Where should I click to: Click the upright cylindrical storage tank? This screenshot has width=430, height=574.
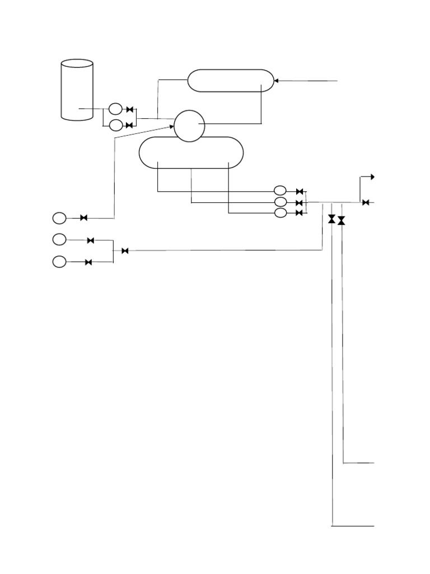click(x=77, y=90)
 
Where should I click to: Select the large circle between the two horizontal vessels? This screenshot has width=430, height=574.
click(x=189, y=126)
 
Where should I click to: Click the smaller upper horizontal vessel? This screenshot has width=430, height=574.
click(x=230, y=80)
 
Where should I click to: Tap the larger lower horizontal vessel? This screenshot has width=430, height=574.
click(x=191, y=152)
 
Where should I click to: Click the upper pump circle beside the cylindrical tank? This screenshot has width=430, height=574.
click(x=115, y=109)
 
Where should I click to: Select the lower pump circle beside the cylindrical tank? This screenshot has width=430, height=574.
click(x=115, y=125)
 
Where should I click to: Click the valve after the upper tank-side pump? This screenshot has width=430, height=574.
click(x=129, y=109)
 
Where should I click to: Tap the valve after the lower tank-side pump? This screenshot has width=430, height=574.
click(x=129, y=125)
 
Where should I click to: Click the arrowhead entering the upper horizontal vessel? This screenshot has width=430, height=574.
click(x=276, y=81)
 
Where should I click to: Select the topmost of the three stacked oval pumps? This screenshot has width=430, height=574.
click(x=281, y=191)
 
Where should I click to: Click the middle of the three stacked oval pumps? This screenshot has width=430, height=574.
click(x=281, y=202)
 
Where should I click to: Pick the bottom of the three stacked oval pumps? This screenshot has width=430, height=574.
click(x=281, y=212)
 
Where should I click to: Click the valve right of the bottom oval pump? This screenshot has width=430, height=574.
click(x=299, y=213)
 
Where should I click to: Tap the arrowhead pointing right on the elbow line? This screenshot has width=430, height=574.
click(x=372, y=177)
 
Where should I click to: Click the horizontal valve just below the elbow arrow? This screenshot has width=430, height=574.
click(x=365, y=202)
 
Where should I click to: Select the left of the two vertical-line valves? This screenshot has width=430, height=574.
click(x=332, y=219)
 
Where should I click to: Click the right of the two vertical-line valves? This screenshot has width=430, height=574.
click(x=342, y=221)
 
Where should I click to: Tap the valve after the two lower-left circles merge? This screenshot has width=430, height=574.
click(x=125, y=251)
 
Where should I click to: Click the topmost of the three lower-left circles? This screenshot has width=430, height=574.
click(x=59, y=217)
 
